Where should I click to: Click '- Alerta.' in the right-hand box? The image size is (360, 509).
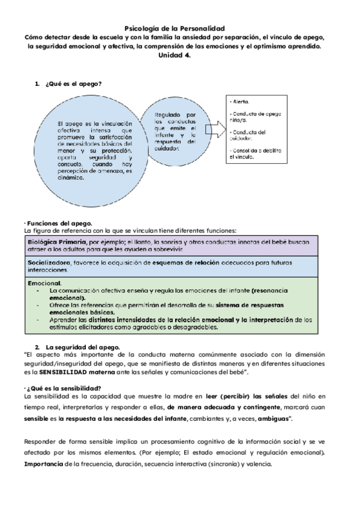(x=241, y=102)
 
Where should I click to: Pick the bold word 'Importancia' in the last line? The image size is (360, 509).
(x=44, y=464)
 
